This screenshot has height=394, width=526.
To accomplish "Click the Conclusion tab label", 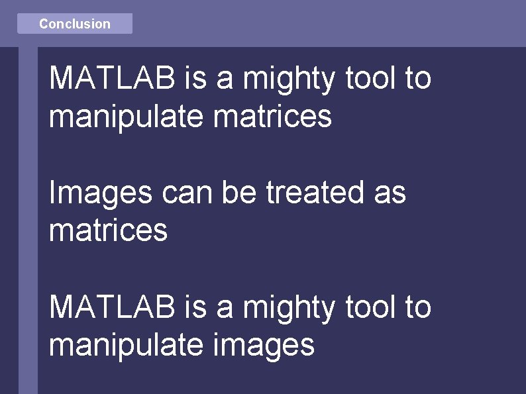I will tap(74, 24).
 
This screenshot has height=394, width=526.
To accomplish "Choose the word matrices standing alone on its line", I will tap(108, 230).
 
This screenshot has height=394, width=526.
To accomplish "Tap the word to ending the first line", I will tap(418, 79).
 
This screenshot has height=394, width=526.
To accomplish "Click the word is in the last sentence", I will tap(195, 307).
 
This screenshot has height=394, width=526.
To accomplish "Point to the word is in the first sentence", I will tap(195, 79).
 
